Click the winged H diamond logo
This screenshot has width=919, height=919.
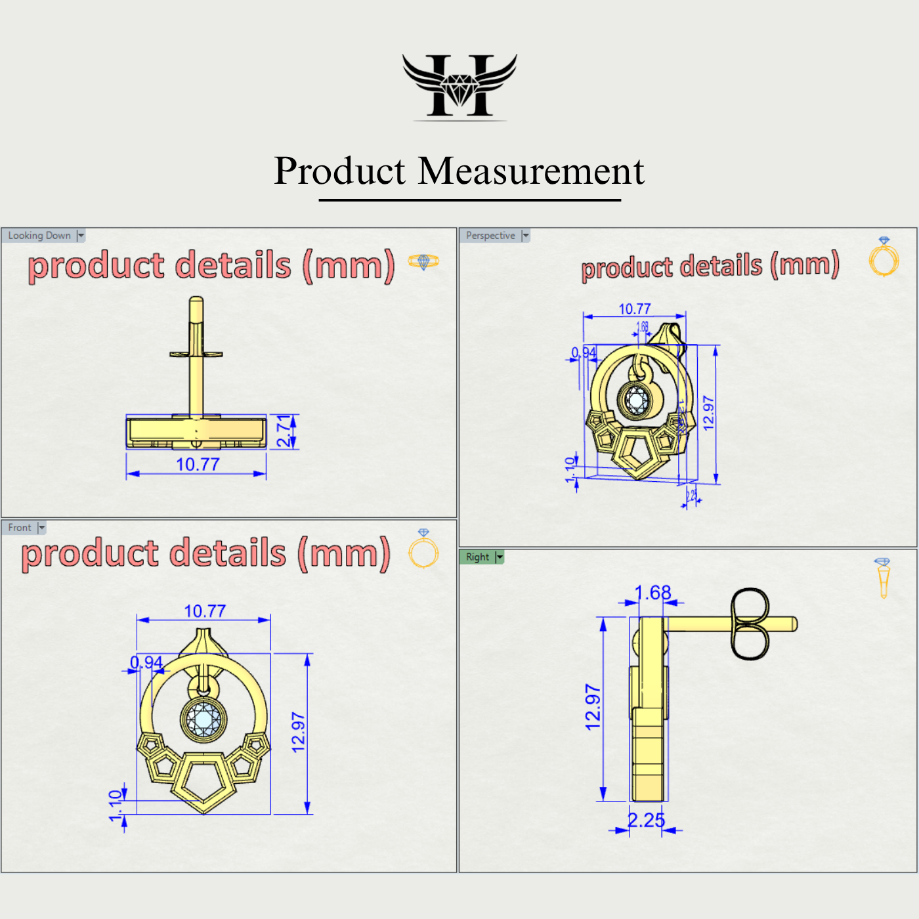pyautogui.click(x=460, y=86)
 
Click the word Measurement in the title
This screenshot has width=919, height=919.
pyautogui.click(x=531, y=171)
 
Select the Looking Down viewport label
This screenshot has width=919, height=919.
pyautogui.click(x=39, y=236)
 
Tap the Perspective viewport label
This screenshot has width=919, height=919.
pyautogui.click(x=490, y=236)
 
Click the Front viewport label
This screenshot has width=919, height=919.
pyautogui.click(x=20, y=528)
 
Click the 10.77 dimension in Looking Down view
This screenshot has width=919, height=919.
pyautogui.click(x=198, y=465)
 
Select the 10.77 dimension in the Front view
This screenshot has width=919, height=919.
pyautogui.click(x=205, y=611)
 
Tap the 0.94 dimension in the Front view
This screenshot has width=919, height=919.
pyautogui.click(x=146, y=662)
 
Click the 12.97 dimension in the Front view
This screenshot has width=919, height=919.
pyautogui.click(x=299, y=733)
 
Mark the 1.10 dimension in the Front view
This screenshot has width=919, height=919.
pyautogui.click(x=116, y=806)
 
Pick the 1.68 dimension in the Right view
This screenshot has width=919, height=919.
pyautogui.click(x=652, y=593)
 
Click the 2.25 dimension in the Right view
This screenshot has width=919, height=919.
pyautogui.click(x=646, y=821)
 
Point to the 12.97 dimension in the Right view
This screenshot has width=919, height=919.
pyautogui.click(x=593, y=708)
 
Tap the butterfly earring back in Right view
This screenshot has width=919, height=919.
pyautogui.click(x=749, y=624)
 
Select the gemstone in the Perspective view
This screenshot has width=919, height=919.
pyautogui.click(x=636, y=400)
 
